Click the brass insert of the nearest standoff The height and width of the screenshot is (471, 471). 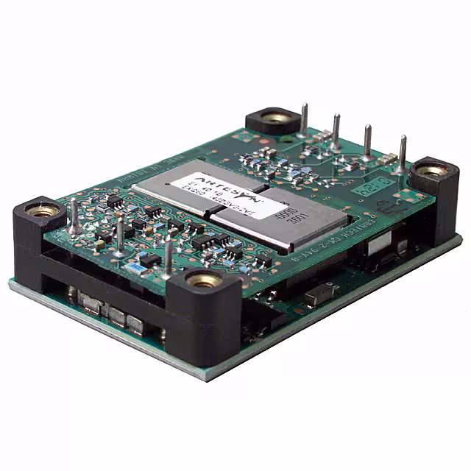pyautogui.click(x=201, y=280)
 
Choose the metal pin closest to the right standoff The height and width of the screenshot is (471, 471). pyautogui.click(x=403, y=154)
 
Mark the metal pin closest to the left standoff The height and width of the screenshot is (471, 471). pyautogui.click(x=74, y=219)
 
